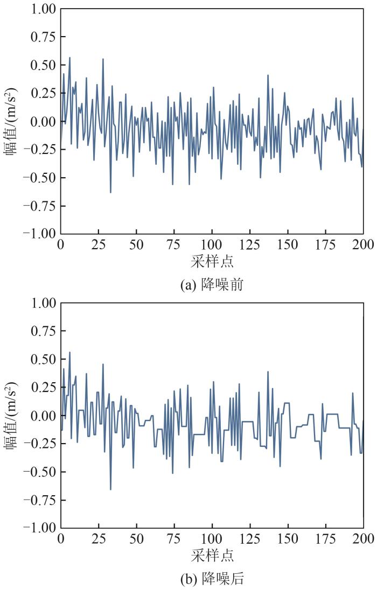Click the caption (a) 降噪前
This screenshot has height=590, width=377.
click(x=212, y=285)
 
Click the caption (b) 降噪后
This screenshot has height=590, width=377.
click(x=212, y=579)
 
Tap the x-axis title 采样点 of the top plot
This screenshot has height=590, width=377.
click(x=212, y=262)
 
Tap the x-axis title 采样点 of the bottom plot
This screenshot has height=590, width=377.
click(x=212, y=555)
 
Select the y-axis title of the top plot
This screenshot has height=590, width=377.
click(x=12, y=122)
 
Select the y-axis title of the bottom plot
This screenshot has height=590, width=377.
click(x=12, y=415)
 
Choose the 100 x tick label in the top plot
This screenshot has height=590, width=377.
click(x=212, y=244)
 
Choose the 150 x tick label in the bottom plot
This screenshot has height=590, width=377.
click(x=288, y=538)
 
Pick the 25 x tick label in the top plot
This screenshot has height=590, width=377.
click(x=99, y=244)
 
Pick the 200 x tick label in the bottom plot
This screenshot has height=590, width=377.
click(x=364, y=538)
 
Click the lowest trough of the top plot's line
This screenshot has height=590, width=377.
click(x=110, y=192)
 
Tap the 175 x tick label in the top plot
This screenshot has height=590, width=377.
click(x=326, y=244)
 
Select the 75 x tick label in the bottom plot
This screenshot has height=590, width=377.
click(x=174, y=538)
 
